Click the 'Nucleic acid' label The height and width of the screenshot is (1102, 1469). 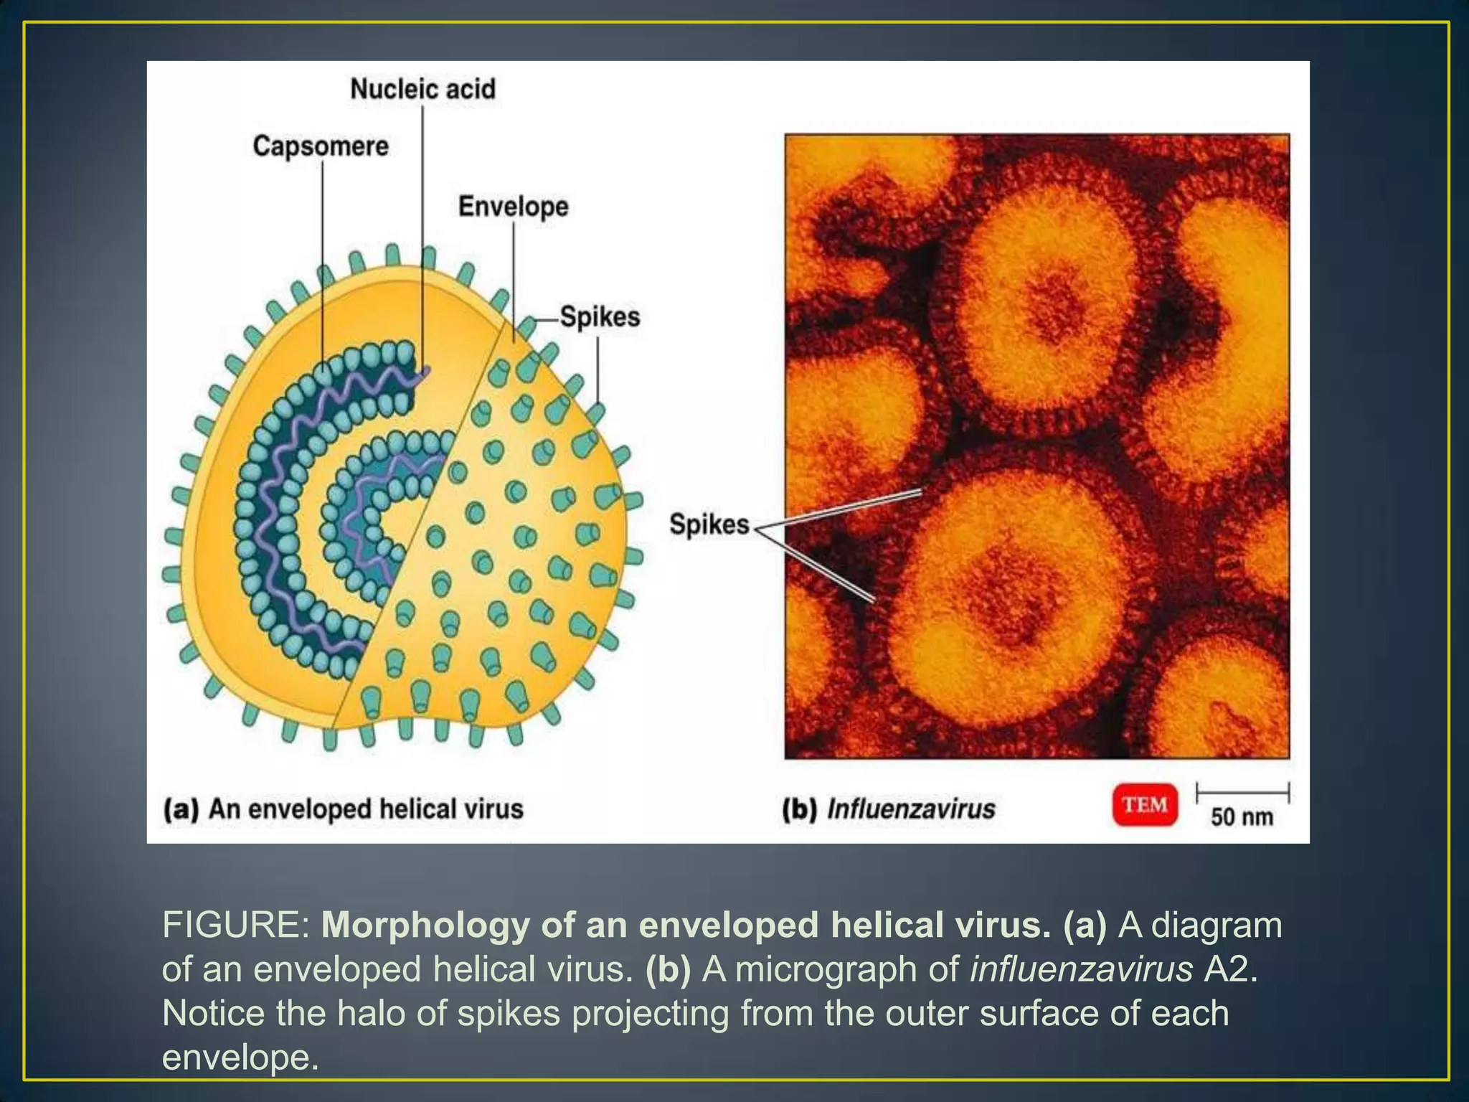pyautogui.click(x=422, y=89)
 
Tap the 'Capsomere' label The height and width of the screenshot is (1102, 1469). pyautogui.click(x=321, y=146)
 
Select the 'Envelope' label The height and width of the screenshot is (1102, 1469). pyautogui.click(x=514, y=207)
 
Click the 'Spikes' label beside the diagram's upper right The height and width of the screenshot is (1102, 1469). pyautogui.click(x=600, y=316)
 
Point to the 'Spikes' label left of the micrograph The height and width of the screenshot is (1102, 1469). pyautogui.click(x=709, y=524)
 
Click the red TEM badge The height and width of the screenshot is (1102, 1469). pyautogui.click(x=1145, y=805)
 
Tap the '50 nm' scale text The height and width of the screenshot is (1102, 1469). pyautogui.click(x=1242, y=817)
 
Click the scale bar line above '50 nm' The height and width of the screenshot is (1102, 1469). pyautogui.click(x=1242, y=793)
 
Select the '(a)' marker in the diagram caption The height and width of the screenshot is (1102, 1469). pyautogui.click(x=180, y=809)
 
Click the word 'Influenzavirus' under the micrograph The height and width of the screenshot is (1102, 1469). pyautogui.click(x=911, y=809)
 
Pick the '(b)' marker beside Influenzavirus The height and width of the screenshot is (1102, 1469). pyautogui.click(x=799, y=809)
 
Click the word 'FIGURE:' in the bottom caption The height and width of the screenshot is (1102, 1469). pyautogui.click(x=236, y=925)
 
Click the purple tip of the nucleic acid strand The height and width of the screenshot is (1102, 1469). pyautogui.click(x=426, y=372)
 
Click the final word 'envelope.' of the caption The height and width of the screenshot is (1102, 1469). pyautogui.click(x=240, y=1057)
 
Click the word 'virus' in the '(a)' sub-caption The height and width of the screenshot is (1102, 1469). pyautogui.click(x=494, y=809)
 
